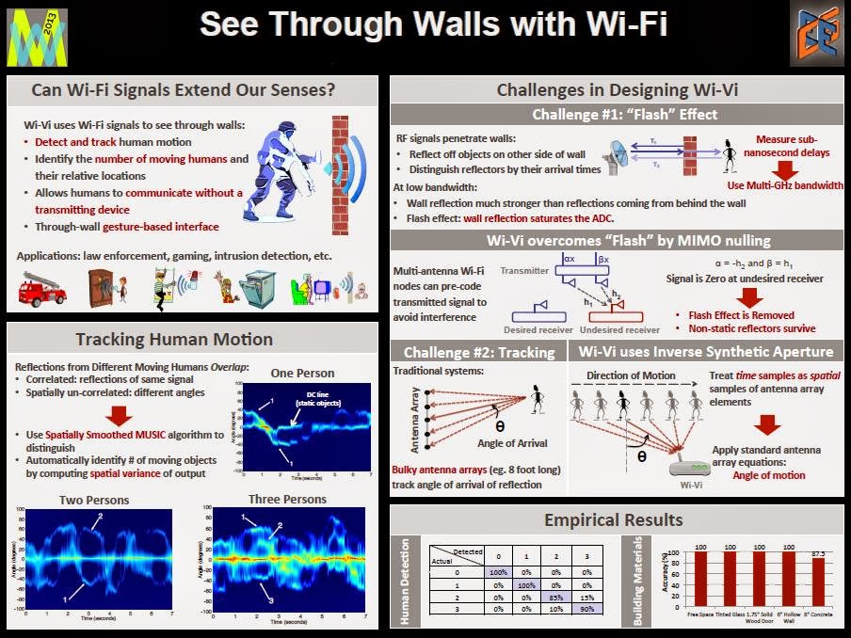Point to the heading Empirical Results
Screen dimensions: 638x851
pos(613,519)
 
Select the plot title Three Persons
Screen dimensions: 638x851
pos(287,499)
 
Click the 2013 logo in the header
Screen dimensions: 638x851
pos(37,37)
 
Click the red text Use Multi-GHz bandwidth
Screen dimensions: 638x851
pos(785,185)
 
